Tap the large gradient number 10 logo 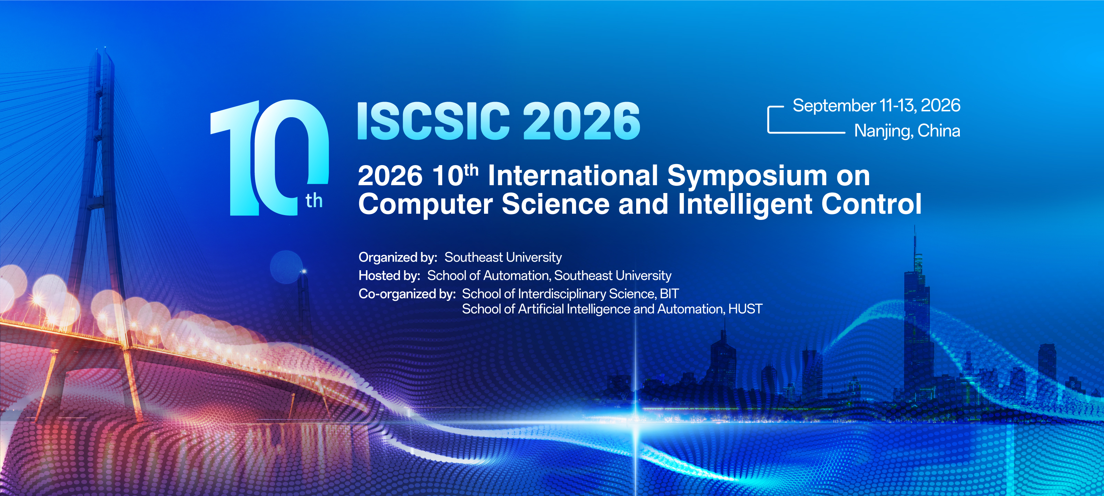[x=269, y=157]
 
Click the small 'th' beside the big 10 [x=314, y=201]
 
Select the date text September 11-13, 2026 [x=876, y=105]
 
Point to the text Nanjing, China [x=907, y=131]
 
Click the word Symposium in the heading [x=747, y=176]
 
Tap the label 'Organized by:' [x=398, y=257]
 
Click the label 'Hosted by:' [x=389, y=275]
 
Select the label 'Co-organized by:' [x=407, y=294]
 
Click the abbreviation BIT [x=669, y=294]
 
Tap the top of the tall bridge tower [x=105, y=51]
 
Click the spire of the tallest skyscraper [x=915, y=240]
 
